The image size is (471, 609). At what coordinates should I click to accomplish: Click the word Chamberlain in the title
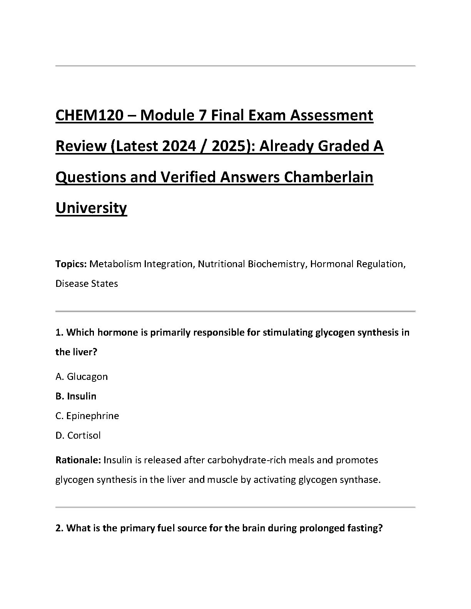329,177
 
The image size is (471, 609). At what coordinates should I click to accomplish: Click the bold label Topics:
71,264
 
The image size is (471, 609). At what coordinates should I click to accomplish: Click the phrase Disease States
87,284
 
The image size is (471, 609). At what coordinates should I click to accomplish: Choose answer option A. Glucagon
82,376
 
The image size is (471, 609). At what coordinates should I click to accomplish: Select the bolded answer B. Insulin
76,396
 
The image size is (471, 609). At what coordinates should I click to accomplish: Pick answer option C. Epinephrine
87,416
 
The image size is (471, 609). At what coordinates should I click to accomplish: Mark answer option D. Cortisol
78,435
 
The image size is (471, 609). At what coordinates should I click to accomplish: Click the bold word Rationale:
78,460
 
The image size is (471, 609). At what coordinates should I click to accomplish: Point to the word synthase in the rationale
361,480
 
